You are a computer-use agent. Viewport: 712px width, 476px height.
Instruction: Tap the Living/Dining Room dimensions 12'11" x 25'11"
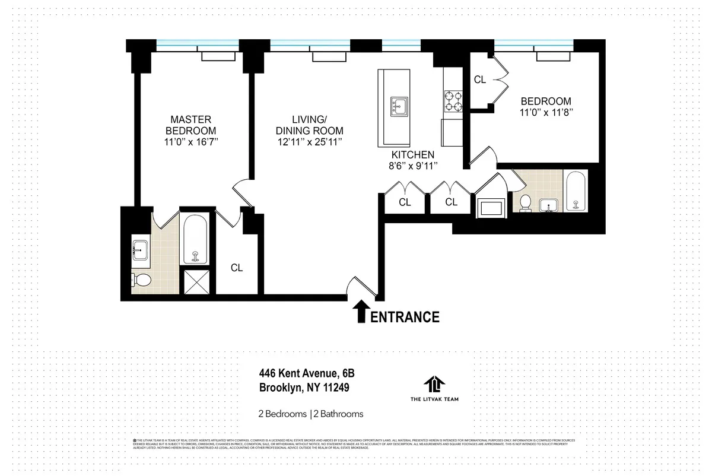(x=309, y=142)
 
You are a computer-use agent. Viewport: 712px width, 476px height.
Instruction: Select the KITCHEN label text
(x=403, y=155)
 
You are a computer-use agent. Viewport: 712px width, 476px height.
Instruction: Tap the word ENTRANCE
(x=406, y=317)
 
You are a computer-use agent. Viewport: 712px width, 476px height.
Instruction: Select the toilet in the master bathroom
(x=142, y=280)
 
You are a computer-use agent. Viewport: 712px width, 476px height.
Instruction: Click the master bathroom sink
(x=140, y=249)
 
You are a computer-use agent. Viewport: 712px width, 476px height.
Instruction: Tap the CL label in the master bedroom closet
(x=237, y=268)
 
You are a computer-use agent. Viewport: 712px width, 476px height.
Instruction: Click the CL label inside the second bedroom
(x=480, y=80)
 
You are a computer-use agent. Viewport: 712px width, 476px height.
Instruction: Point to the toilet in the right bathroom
(x=525, y=203)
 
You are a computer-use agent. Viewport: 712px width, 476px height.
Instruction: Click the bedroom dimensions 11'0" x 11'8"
(x=545, y=112)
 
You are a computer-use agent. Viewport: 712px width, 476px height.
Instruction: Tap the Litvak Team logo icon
(x=434, y=384)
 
